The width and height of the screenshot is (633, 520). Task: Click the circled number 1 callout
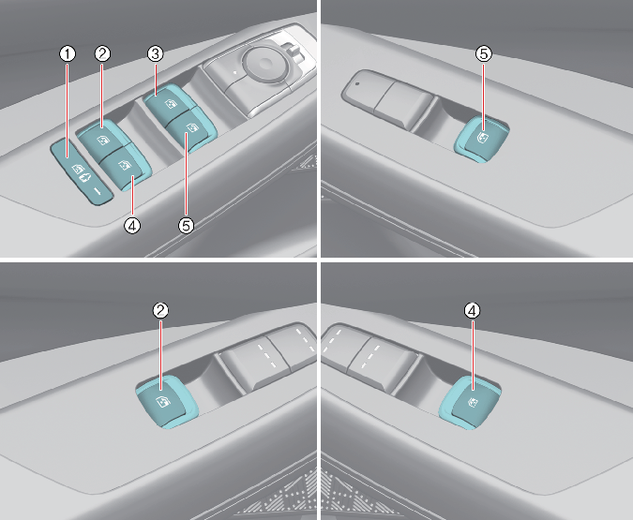pyautogui.click(x=68, y=53)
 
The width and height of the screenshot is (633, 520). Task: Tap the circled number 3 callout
pyautogui.click(x=155, y=53)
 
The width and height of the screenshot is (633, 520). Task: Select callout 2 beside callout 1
pyautogui.click(x=102, y=53)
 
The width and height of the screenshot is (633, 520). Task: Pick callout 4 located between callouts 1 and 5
pyautogui.click(x=132, y=226)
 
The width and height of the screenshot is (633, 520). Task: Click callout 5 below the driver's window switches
pyautogui.click(x=186, y=226)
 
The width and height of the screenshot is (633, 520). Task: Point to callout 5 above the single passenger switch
pyautogui.click(x=484, y=53)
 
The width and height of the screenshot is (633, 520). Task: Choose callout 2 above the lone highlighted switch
pyautogui.click(x=160, y=310)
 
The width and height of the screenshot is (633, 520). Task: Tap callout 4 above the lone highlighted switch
pyautogui.click(x=473, y=310)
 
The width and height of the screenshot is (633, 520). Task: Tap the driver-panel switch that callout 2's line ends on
pyautogui.click(x=102, y=137)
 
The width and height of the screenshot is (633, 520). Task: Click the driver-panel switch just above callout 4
pyautogui.click(x=123, y=166)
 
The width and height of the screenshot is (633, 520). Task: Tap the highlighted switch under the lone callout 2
pyautogui.click(x=165, y=400)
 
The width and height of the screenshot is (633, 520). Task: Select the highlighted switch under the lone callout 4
pyautogui.click(x=471, y=402)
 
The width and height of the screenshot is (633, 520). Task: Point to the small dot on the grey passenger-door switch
pyautogui.click(x=357, y=84)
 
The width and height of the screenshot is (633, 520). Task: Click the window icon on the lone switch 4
pyautogui.click(x=474, y=402)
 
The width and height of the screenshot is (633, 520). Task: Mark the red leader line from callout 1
pyautogui.click(x=68, y=110)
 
